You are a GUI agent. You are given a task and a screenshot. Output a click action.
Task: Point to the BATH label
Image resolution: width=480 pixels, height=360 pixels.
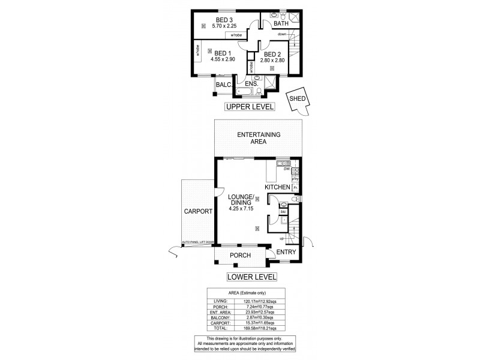pyautogui.click(x=281, y=23)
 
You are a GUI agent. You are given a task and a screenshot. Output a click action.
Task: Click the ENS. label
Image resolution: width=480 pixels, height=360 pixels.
pyautogui.click(x=251, y=84)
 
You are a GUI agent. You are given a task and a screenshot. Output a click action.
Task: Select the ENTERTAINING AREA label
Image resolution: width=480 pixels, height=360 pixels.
pyautogui.click(x=259, y=139)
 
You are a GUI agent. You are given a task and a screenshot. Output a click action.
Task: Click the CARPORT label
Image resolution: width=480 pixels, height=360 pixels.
pyautogui.click(x=199, y=211)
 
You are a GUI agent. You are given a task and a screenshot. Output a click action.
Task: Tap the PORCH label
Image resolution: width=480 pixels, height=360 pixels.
pyautogui.click(x=240, y=255)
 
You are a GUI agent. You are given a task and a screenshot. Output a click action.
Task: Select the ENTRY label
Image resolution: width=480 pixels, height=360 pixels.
pyautogui.click(x=287, y=253)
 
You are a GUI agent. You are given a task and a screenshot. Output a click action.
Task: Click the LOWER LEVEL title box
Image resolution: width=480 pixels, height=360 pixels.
pyautogui.click(x=251, y=277)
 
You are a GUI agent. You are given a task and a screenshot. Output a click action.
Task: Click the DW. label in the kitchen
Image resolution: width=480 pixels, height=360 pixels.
pyautogui.click(x=278, y=170)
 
